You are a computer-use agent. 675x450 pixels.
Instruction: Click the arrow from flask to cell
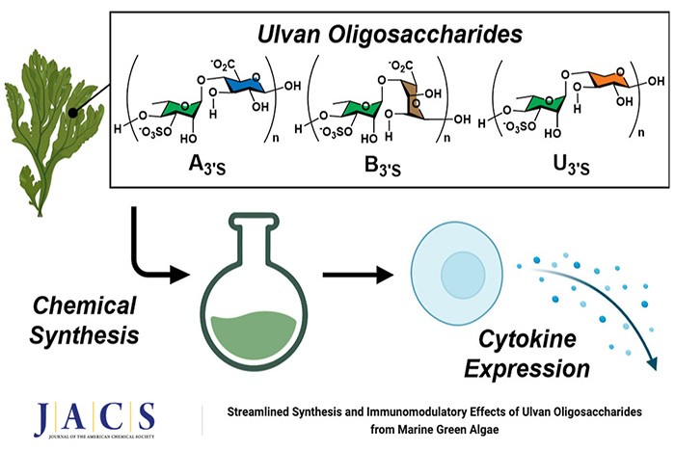[x=357, y=276]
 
